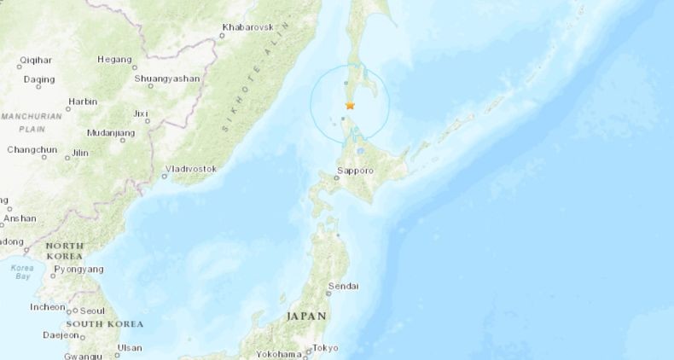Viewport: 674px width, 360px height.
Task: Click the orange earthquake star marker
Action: coord(350,106)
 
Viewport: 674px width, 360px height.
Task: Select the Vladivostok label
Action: coord(191,169)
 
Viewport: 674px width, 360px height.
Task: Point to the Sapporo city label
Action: coord(356,171)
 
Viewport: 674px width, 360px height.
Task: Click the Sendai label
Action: coord(344,286)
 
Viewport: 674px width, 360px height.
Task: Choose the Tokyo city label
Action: coord(325,347)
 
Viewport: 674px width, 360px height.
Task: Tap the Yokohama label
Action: coord(278,354)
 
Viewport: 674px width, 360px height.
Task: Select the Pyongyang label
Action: coord(78,270)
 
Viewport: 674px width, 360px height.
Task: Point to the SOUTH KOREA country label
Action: coord(105,324)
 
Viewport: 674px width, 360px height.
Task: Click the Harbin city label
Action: coord(83,101)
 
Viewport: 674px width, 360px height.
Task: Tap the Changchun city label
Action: coord(32,149)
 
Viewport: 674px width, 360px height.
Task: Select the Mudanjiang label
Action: coord(111,133)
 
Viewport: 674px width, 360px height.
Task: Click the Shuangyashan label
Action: coord(167,78)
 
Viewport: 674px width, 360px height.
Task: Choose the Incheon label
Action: coord(48,307)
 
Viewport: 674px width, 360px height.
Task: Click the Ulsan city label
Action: coord(130,347)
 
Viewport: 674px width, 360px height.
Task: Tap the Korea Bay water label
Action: coord(22,273)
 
